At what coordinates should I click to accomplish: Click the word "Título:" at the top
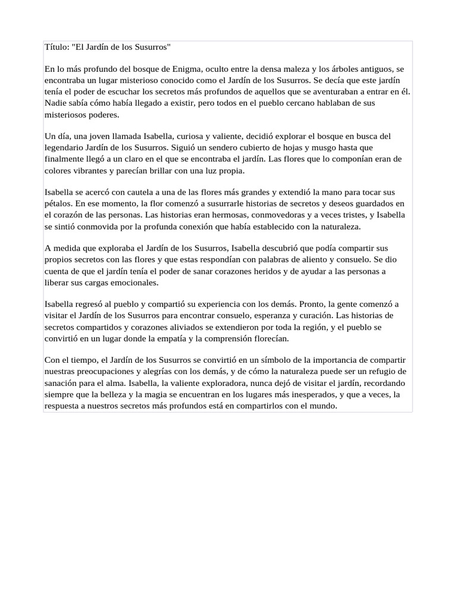(58, 47)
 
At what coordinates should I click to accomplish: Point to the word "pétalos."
(59, 204)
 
